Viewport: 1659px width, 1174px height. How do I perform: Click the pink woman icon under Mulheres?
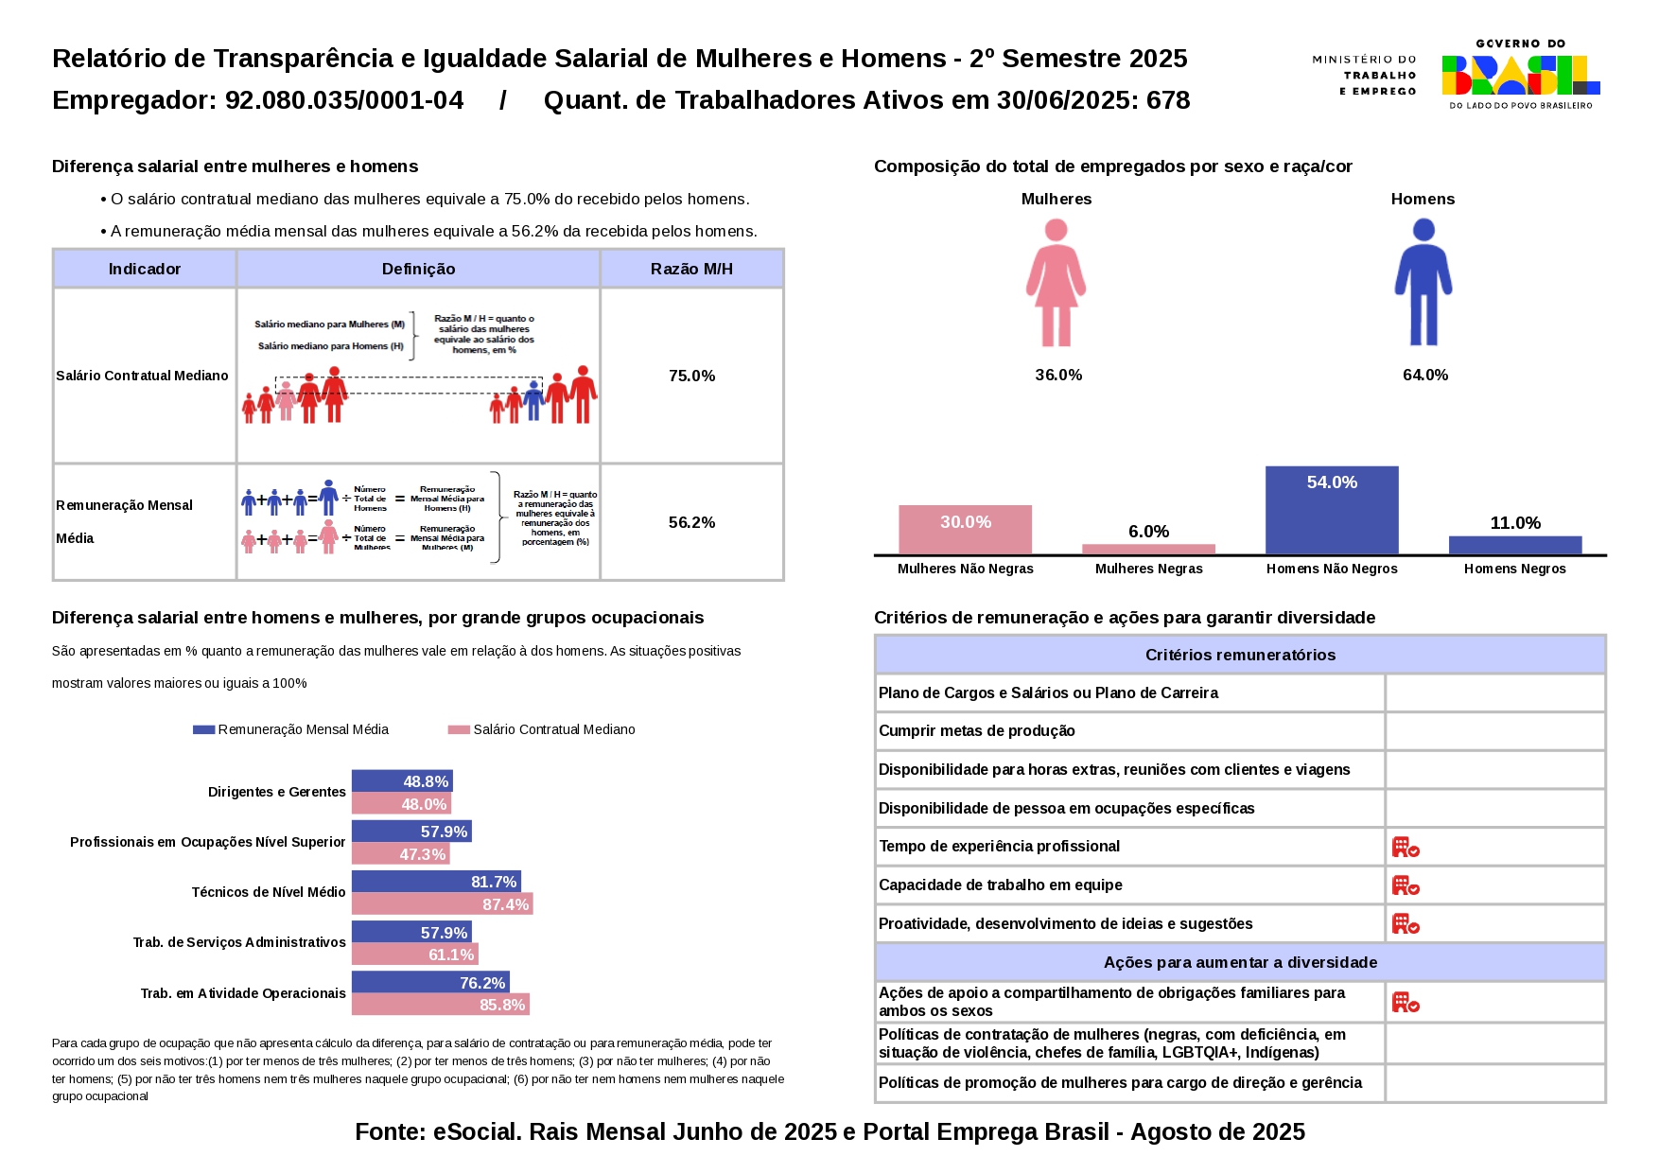click(x=1056, y=283)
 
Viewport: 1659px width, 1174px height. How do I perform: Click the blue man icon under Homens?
click(x=1423, y=283)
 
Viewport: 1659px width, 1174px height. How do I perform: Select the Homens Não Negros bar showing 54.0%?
click(x=1332, y=510)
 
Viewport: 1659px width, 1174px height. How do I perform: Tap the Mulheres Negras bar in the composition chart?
click(x=1148, y=549)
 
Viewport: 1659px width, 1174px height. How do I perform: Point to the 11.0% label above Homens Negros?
click(x=1515, y=523)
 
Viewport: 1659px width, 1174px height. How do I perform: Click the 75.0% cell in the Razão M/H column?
click(x=691, y=376)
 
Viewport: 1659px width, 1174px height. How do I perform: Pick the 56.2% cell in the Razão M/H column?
click(x=691, y=522)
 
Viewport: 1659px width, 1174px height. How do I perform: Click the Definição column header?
click(x=418, y=269)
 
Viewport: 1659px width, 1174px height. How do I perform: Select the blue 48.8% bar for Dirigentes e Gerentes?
click(x=402, y=781)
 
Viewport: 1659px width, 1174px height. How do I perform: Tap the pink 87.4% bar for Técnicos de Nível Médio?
click(x=442, y=904)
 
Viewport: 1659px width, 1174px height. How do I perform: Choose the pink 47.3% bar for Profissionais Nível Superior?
click(x=400, y=854)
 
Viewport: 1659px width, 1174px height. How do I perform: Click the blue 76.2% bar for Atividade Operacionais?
click(x=430, y=983)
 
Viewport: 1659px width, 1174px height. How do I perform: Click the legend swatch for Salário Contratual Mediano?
click(x=459, y=729)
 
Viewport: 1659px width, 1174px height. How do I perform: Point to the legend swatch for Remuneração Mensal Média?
click(x=203, y=729)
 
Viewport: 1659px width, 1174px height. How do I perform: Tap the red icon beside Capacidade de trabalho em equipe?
click(x=1406, y=885)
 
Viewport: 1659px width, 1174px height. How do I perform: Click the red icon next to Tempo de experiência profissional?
click(x=1406, y=847)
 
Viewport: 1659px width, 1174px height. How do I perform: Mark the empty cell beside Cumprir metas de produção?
click(x=1494, y=731)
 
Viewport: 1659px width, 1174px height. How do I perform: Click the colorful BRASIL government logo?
click(x=1520, y=75)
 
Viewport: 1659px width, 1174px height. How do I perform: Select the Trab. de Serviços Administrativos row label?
click(x=239, y=942)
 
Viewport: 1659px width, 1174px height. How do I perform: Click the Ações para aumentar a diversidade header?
click(x=1240, y=962)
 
